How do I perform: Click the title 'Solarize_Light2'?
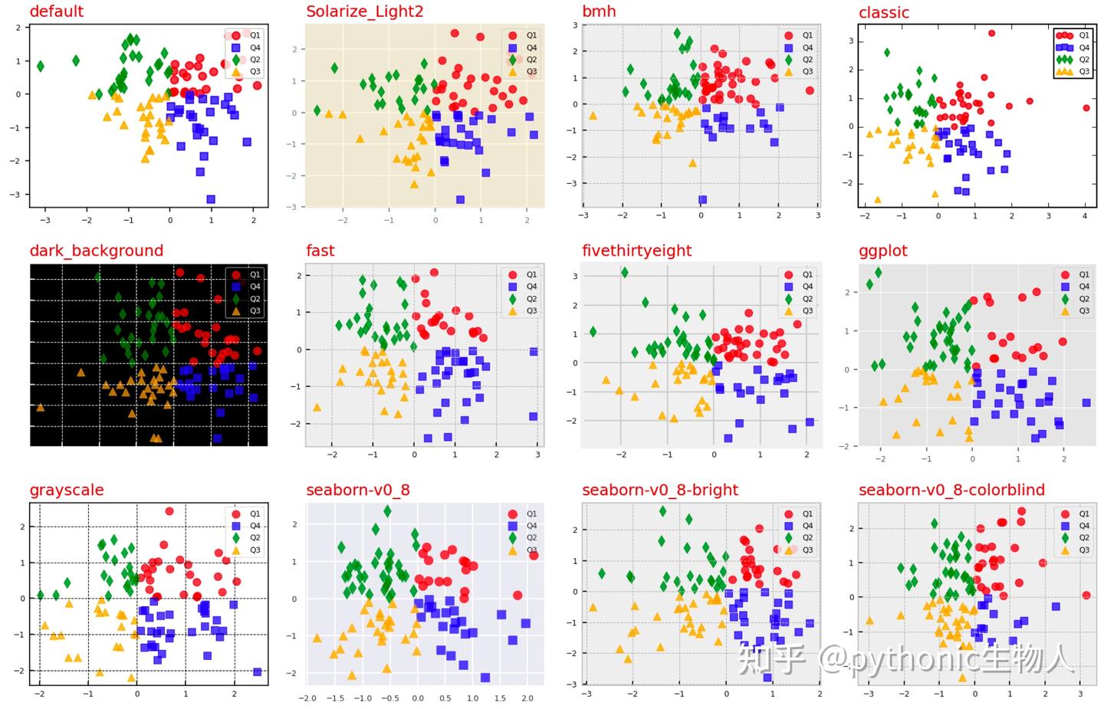(x=364, y=11)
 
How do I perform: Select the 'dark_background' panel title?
(x=96, y=251)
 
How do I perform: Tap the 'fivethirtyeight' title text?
(x=636, y=251)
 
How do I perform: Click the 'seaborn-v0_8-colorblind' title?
(x=951, y=490)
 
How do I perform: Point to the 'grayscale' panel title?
(x=67, y=490)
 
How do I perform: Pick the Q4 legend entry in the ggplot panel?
(x=1074, y=287)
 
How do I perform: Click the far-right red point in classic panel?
(x=1086, y=108)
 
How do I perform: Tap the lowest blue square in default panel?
(x=211, y=199)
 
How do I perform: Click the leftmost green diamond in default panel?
(x=41, y=67)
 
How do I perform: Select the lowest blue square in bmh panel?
(x=702, y=199)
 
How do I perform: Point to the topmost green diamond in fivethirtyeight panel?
(x=625, y=273)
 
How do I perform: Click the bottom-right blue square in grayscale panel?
(x=257, y=671)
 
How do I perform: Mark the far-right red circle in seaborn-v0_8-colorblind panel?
(x=1086, y=595)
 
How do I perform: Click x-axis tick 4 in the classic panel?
(x=1085, y=216)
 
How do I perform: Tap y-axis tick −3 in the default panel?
(x=15, y=195)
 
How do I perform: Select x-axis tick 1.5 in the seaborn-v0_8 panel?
(x=499, y=698)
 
